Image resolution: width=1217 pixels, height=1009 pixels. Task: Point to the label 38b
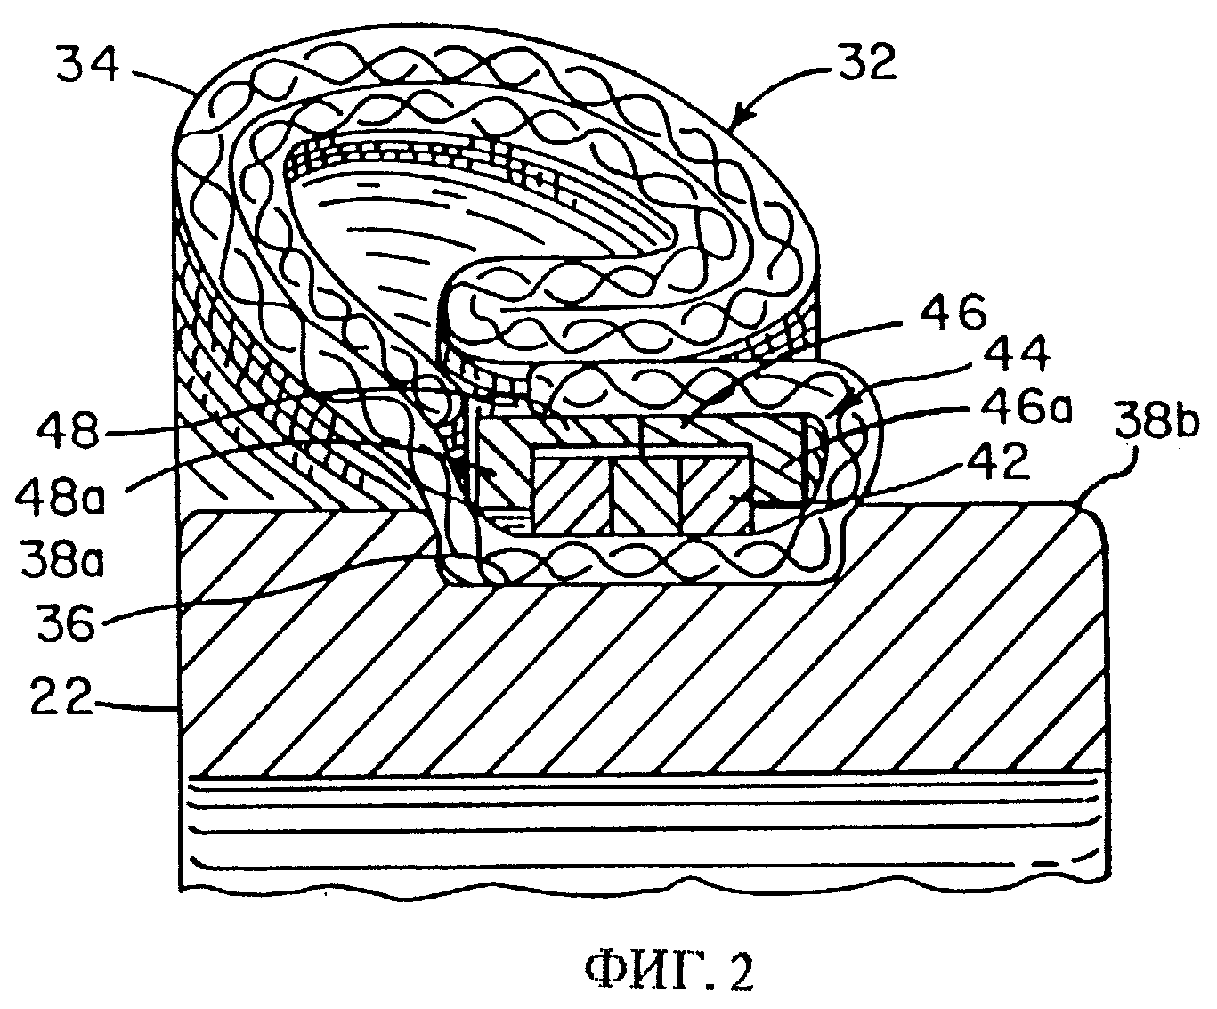pos(1156,421)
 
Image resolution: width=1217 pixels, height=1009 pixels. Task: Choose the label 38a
pos(61,557)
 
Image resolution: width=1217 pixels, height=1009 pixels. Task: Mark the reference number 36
pos(66,622)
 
